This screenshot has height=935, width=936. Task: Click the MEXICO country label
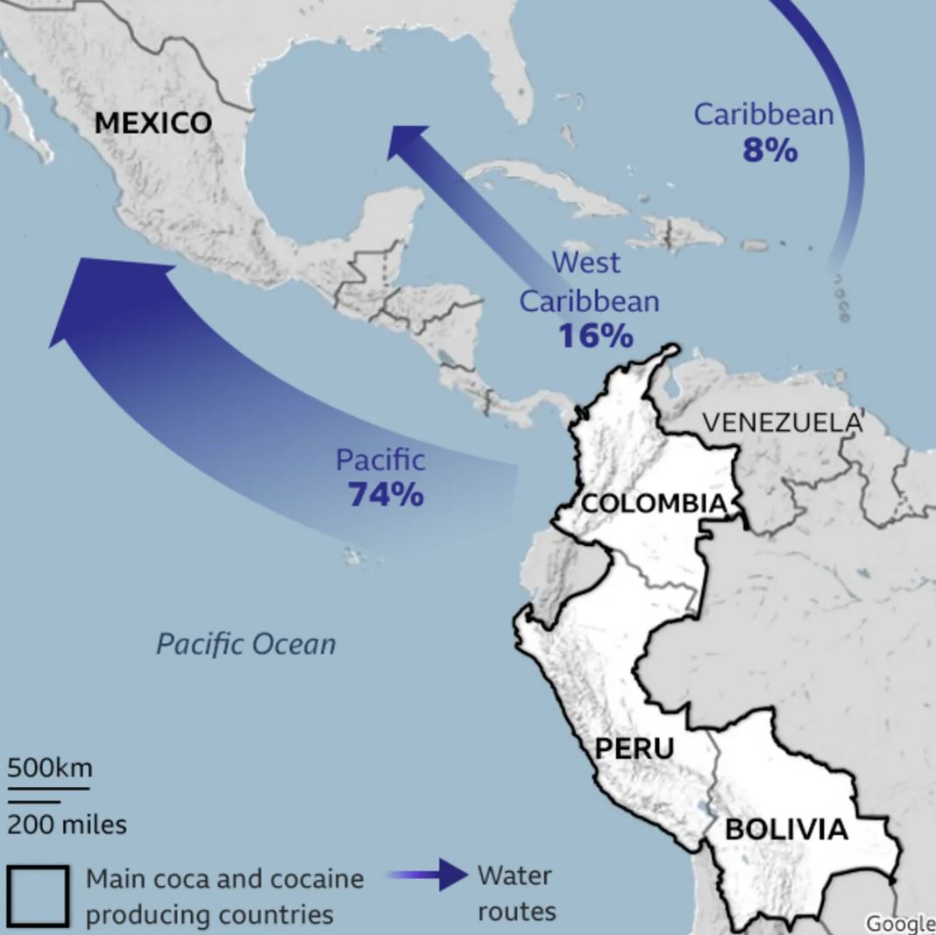tap(152, 123)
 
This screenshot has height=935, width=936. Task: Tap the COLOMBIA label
tap(654, 503)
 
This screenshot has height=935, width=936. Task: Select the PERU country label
tap(635, 748)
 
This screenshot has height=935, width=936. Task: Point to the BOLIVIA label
tap(786, 829)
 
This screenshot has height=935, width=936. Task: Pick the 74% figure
tap(386, 494)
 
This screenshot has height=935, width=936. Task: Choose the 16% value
tap(595, 336)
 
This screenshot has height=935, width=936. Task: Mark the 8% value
tap(770, 151)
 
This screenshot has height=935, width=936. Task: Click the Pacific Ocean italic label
tap(246, 644)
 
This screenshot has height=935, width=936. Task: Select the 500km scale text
tap(50, 768)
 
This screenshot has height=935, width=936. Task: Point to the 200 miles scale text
tap(67, 824)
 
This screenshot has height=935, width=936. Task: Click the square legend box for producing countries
tap(38, 896)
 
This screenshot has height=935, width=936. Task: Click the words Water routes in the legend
tap(516, 893)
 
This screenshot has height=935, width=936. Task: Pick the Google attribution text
tap(900, 923)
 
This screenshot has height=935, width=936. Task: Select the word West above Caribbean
tap(585, 262)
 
